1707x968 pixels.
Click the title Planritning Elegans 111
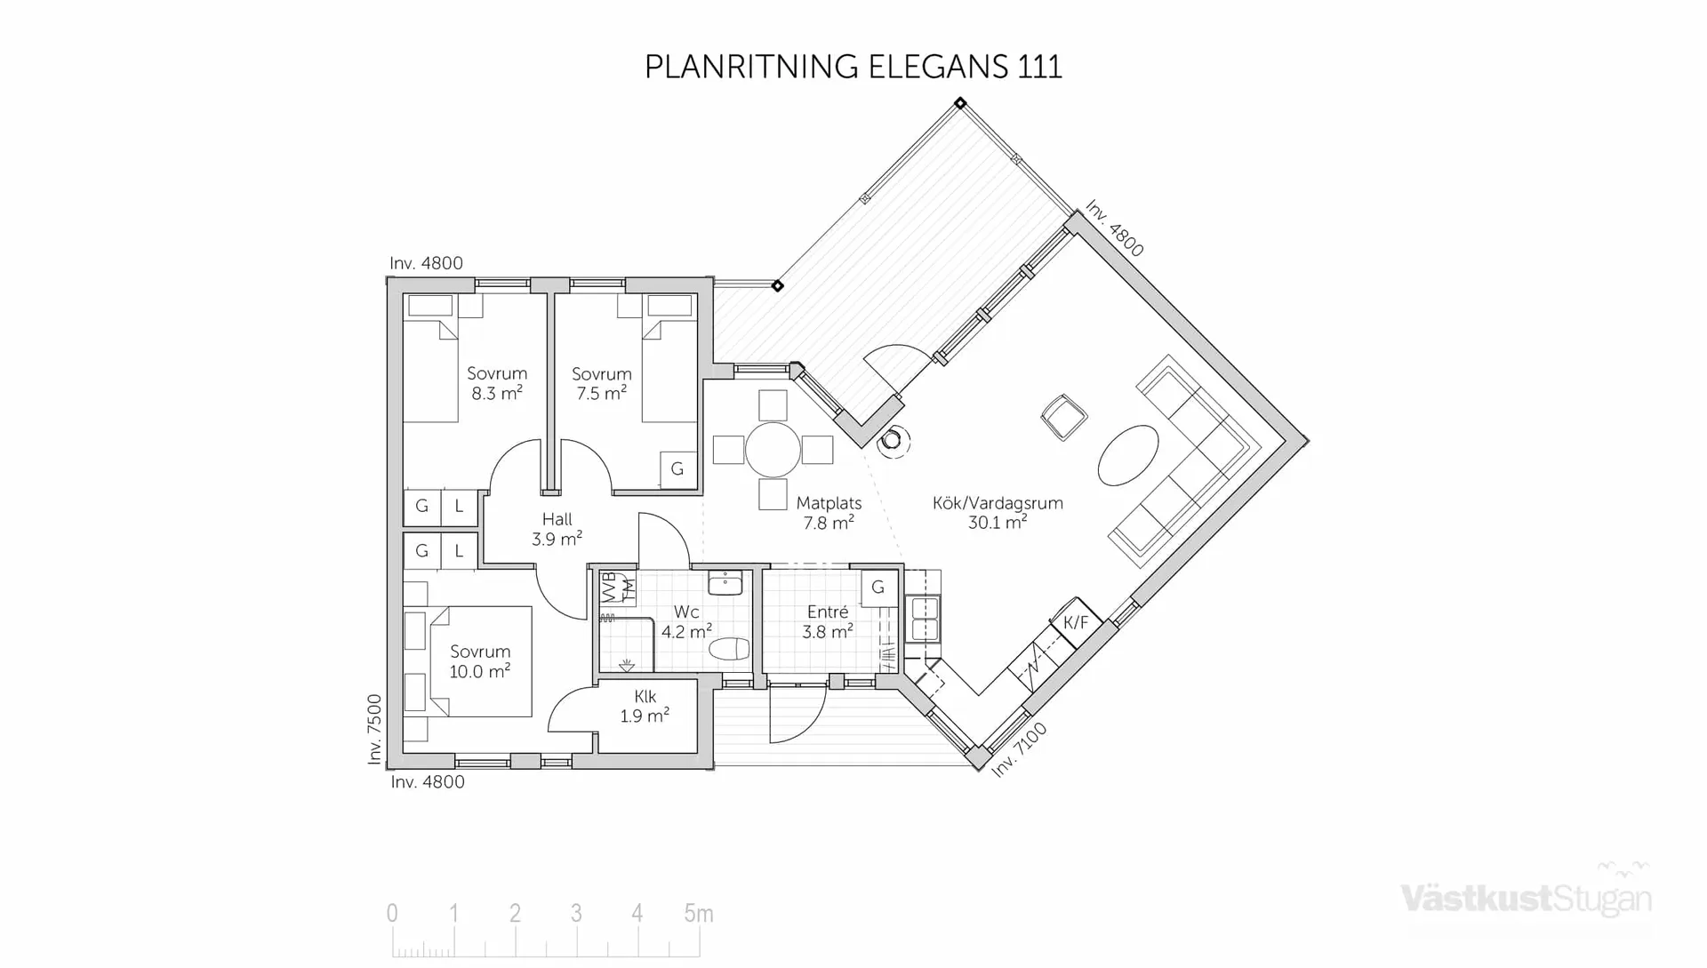853,68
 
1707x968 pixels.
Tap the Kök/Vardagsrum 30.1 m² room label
998,513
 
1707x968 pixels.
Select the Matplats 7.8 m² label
829,513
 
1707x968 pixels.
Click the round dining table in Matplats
773,450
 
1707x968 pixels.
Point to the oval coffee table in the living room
1128,455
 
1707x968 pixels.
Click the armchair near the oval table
1063,417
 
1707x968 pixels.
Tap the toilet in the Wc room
729,649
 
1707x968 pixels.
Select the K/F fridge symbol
1076,622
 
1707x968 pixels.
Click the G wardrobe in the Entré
878,587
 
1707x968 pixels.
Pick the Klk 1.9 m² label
645,706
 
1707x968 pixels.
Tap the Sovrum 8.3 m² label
497,383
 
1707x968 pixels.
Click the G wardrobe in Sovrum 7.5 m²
677,468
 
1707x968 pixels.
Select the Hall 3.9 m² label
557,529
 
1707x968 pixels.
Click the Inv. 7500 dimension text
374,729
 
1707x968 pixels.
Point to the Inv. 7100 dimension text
1019,749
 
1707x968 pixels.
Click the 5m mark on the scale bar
698,913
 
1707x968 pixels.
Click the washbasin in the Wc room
725,583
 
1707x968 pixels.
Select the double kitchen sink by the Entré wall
925,619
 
